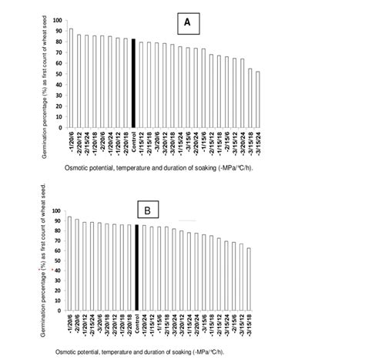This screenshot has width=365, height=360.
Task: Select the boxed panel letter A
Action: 188,24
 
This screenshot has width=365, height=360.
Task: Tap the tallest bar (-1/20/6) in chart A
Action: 71,78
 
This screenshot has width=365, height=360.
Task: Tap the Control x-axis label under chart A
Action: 134,140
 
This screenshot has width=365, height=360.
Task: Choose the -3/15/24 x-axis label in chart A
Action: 257,141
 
